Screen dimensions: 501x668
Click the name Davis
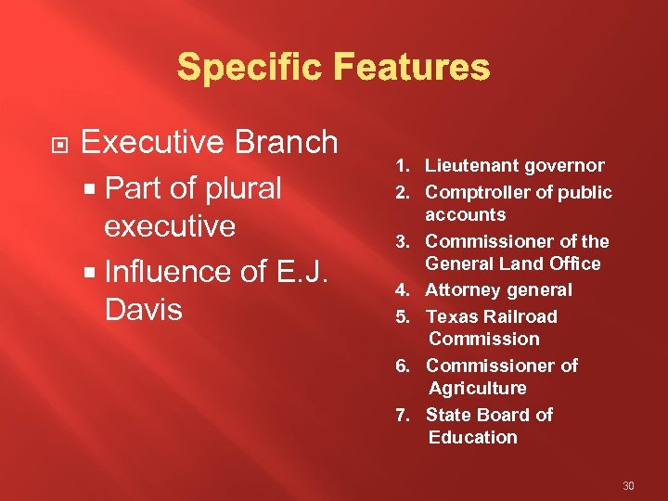tap(144, 309)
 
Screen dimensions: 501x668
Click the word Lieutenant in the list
tap(470, 166)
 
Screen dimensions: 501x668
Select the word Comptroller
tap(479, 192)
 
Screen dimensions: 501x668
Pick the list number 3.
tap(405, 242)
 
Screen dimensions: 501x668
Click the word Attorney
tap(461, 290)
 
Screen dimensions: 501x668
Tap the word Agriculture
tap(477, 388)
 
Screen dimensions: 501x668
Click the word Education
tap(472, 437)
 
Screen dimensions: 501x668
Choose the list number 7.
tap(405, 416)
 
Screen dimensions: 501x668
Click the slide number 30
tap(628, 486)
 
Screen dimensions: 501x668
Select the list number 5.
tap(405, 317)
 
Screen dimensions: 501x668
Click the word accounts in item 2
tap(465, 215)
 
